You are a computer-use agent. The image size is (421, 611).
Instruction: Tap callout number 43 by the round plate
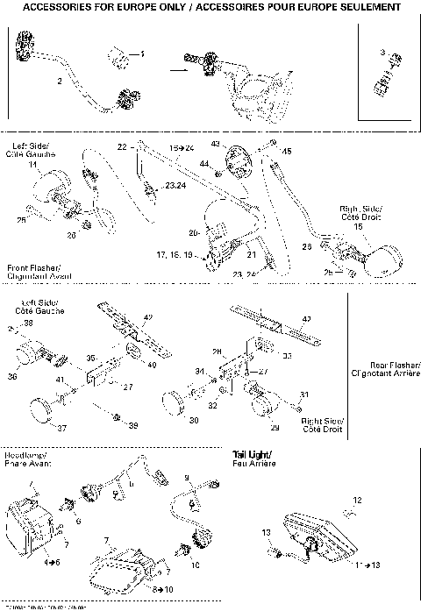click(x=215, y=143)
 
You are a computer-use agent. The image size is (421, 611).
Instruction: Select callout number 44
click(x=204, y=164)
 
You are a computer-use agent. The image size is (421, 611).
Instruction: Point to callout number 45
click(x=286, y=150)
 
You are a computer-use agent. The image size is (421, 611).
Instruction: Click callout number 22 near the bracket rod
click(x=122, y=145)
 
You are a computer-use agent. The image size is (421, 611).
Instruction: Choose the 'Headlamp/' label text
click(x=22, y=456)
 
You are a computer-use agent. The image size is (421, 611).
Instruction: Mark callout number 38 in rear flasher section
click(x=28, y=323)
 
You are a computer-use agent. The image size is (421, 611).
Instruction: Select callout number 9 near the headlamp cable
click(x=187, y=477)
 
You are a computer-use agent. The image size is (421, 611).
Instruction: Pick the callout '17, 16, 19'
click(x=175, y=254)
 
